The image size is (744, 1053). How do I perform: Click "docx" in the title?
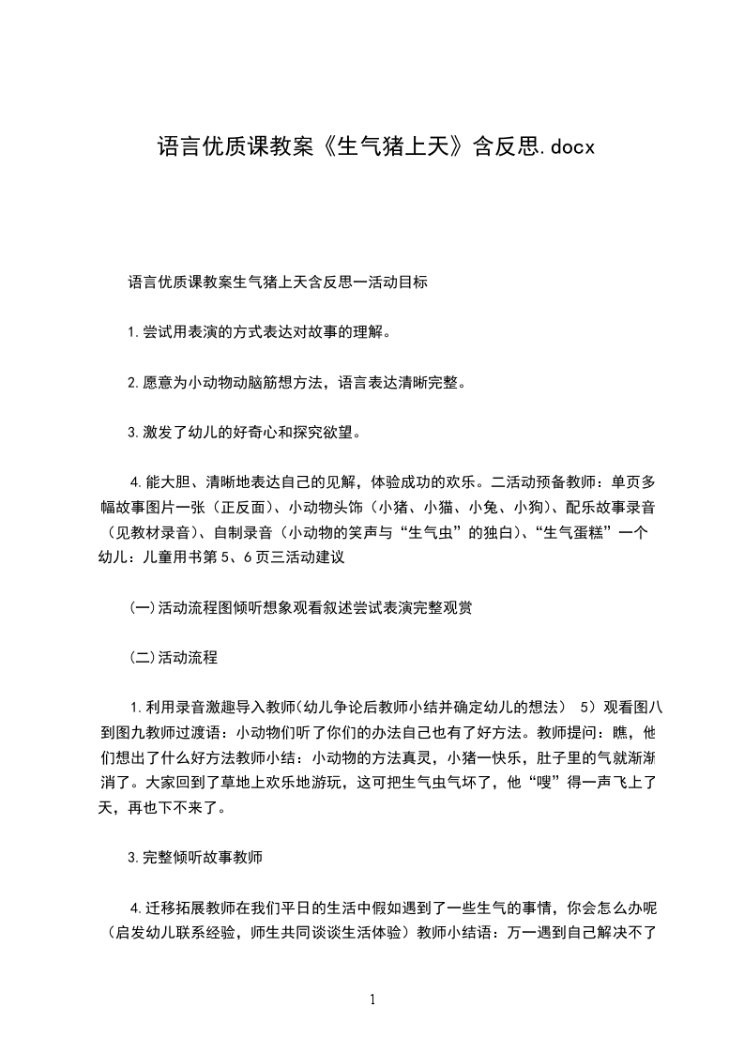[568, 147]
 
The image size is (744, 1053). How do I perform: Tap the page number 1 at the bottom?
[372, 999]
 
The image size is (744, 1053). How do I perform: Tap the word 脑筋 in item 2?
[257, 382]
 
